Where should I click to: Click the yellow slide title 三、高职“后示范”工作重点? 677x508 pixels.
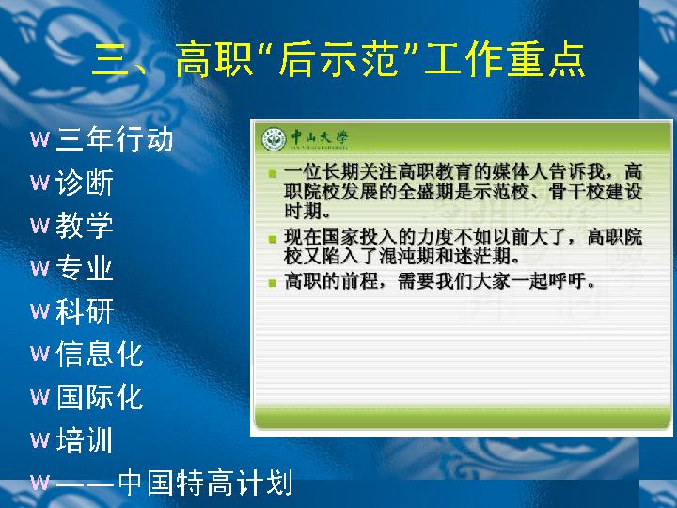click(338, 59)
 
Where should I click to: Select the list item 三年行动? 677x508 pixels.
click(115, 139)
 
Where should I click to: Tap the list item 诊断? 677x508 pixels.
click(85, 183)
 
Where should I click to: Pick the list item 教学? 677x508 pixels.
click(85, 225)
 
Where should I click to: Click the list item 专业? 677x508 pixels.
click(85, 268)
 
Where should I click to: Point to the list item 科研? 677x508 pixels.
click(85, 311)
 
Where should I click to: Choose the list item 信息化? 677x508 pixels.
click(100, 354)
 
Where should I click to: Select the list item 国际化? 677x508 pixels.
click(100, 397)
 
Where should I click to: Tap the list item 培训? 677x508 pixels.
click(85, 439)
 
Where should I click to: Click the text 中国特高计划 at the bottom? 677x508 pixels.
click(205, 483)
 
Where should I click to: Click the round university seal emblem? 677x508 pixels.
click(274, 139)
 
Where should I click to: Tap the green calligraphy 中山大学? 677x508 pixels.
click(320, 137)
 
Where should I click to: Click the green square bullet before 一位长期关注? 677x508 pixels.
click(272, 174)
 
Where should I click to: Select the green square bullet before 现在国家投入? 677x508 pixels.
click(272, 239)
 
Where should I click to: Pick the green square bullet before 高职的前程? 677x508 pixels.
click(272, 283)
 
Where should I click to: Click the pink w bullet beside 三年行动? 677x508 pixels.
click(39, 139)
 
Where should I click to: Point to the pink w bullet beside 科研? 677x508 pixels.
click(39, 311)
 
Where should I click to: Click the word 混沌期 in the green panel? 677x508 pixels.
click(407, 257)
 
